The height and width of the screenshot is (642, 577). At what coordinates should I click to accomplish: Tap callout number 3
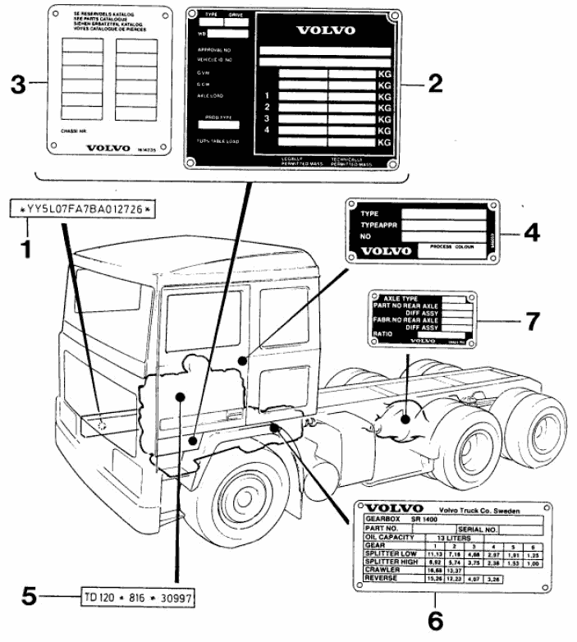(17, 84)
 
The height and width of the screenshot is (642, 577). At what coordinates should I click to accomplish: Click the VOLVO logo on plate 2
(325, 30)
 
